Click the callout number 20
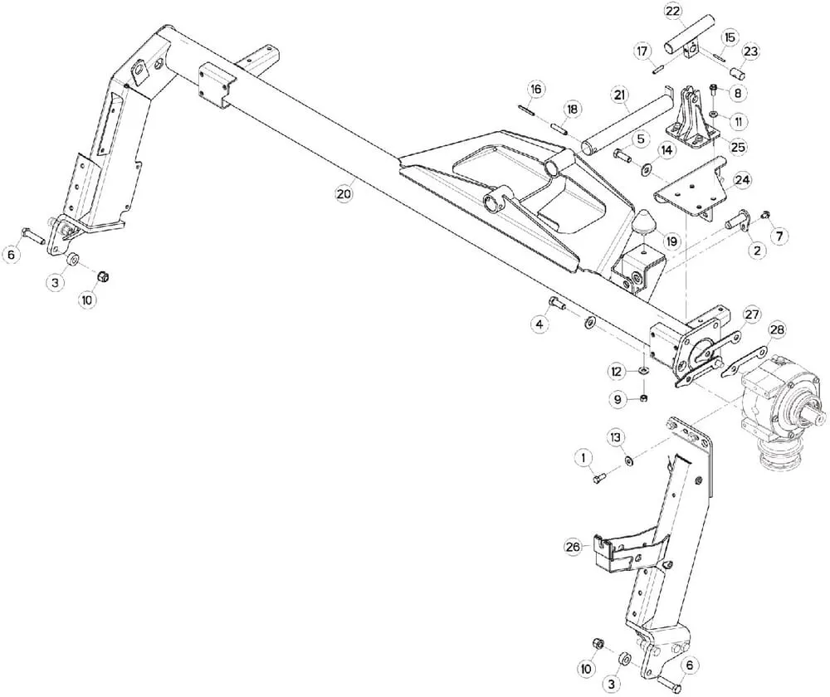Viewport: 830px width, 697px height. pos(344,193)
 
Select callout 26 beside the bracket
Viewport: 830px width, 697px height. pos(573,546)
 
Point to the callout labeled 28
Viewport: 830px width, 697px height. pos(777,329)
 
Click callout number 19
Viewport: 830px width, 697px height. pos(671,241)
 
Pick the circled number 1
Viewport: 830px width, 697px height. pos(583,456)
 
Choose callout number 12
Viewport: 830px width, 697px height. pos(616,372)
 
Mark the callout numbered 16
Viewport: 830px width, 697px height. pos(536,89)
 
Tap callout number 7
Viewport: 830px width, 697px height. pos(779,236)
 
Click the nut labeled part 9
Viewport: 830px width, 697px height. pos(644,398)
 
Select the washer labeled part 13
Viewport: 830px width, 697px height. pos(629,461)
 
